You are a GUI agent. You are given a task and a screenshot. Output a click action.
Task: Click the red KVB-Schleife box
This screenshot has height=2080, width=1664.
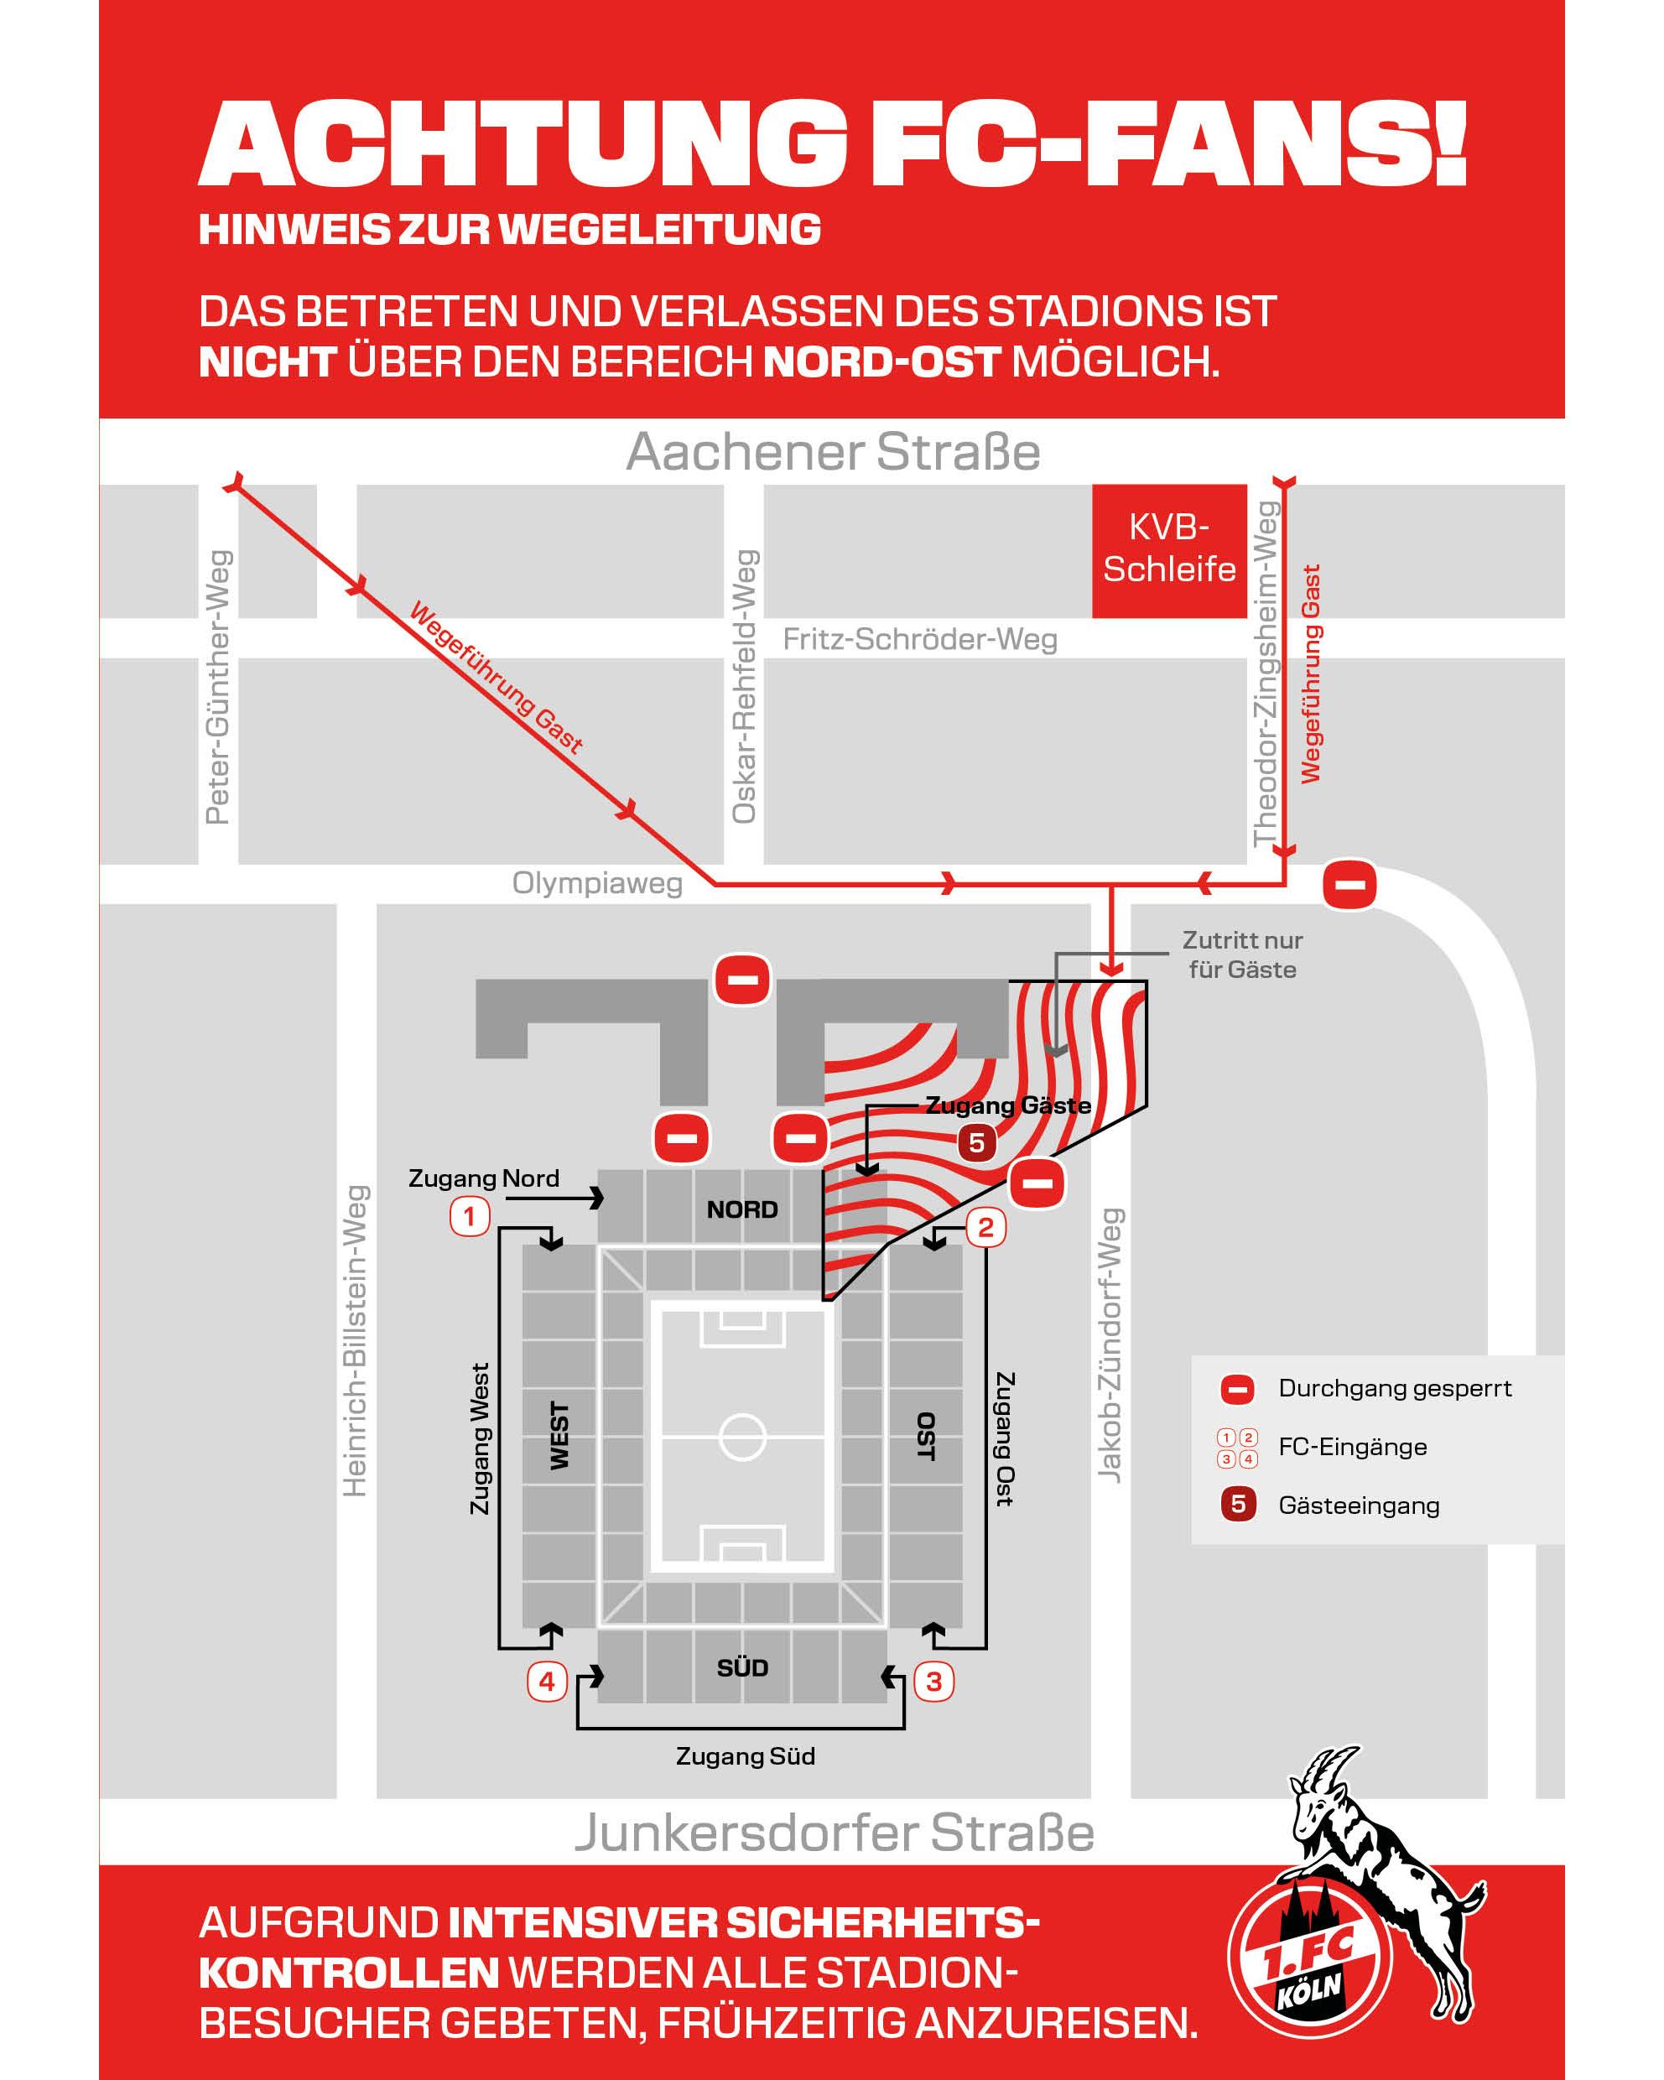[x=1168, y=550]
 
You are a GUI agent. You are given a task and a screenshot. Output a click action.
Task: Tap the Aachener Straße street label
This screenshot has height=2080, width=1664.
[x=834, y=451]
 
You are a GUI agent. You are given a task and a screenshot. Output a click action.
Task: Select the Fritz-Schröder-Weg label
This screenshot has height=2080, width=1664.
[x=919, y=638]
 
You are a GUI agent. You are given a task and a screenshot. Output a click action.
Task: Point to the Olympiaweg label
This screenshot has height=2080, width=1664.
[x=597, y=883]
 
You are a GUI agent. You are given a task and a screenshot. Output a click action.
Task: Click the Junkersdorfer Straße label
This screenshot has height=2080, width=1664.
[x=835, y=1833]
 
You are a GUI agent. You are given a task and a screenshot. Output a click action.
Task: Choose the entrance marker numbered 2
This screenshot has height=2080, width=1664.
[x=985, y=1227]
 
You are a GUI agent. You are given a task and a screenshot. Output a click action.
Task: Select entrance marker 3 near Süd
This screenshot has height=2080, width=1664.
[x=933, y=1682]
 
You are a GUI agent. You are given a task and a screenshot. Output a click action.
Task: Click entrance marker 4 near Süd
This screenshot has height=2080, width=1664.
[x=547, y=1682]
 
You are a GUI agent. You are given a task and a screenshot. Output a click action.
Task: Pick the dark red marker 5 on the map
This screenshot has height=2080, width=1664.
[x=976, y=1143]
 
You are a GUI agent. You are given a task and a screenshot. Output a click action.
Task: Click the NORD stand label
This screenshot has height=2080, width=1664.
[x=741, y=1209]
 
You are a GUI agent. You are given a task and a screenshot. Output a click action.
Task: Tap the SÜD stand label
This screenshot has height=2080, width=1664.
[x=741, y=1667]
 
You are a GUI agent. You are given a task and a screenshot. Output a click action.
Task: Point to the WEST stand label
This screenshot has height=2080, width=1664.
[x=559, y=1436]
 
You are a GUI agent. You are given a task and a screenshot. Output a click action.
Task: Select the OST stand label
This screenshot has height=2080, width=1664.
[x=925, y=1436]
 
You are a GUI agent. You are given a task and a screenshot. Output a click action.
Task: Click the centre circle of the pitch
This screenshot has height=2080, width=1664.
[x=741, y=1437]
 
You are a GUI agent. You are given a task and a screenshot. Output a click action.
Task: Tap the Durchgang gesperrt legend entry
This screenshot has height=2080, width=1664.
[x=1394, y=1388]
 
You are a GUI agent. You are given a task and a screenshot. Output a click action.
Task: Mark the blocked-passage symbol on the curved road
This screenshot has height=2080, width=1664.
[x=1349, y=885]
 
